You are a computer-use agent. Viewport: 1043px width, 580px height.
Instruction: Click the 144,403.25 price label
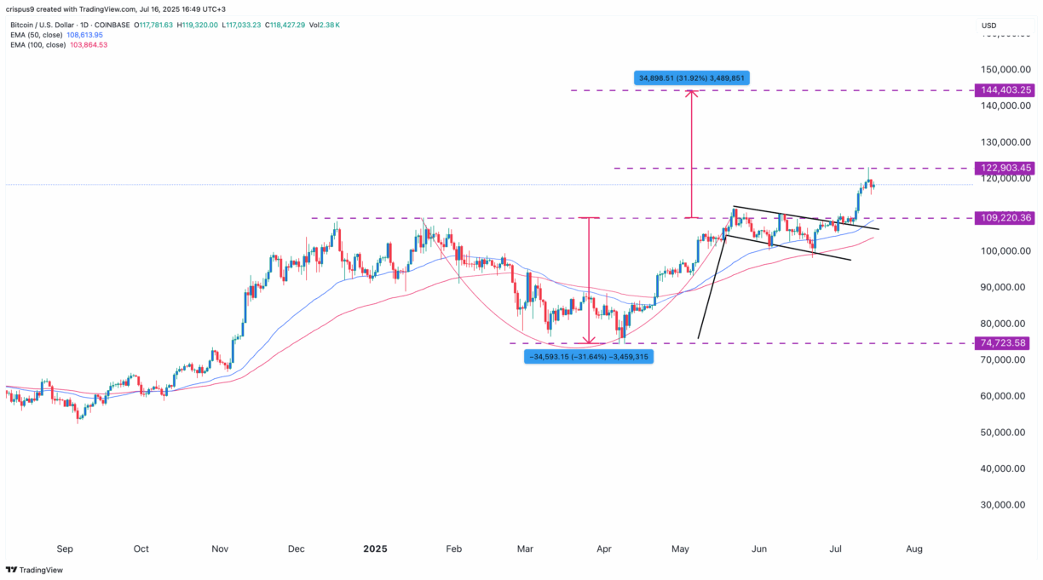point(1006,89)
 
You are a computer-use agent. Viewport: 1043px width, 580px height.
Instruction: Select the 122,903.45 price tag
point(1006,169)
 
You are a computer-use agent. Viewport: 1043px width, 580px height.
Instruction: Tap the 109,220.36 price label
point(1006,218)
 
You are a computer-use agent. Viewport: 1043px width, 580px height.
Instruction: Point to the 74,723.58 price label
point(1006,343)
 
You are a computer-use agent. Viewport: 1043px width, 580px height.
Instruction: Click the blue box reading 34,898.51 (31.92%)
point(692,78)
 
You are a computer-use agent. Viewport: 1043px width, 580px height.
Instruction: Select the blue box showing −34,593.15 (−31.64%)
point(588,357)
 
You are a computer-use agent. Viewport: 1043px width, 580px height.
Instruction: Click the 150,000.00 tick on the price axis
point(1006,70)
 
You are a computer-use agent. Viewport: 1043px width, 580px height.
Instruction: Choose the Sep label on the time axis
point(64,549)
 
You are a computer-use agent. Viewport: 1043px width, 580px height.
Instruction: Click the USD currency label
point(988,26)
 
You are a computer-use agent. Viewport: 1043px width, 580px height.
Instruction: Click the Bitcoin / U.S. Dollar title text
point(44,26)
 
